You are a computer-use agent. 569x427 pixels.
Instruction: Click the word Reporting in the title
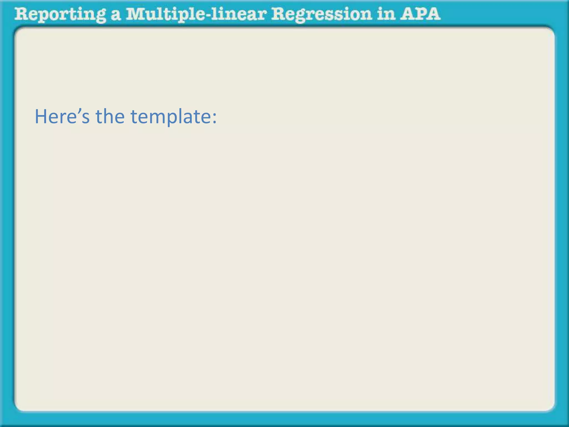click(60, 14)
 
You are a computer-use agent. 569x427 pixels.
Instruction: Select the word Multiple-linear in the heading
click(196, 14)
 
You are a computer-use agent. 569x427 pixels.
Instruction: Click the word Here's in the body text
click(62, 116)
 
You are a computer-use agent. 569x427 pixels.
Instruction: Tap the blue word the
click(110, 116)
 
